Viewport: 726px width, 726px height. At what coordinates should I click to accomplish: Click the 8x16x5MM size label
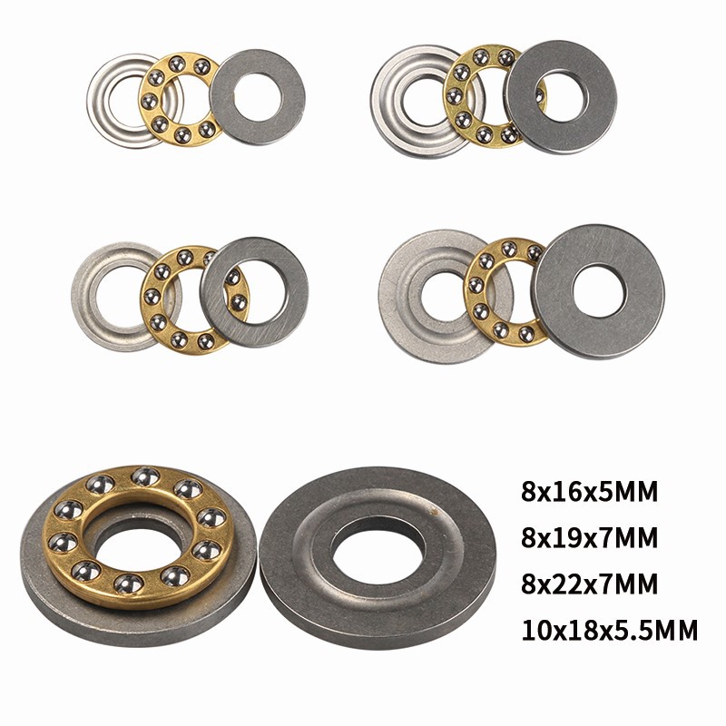tap(589, 492)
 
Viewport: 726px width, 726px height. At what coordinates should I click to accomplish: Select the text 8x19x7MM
tap(589, 538)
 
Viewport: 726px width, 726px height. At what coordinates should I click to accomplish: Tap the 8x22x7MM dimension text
tap(589, 584)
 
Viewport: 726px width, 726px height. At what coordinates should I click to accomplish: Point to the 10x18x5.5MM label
tap(609, 630)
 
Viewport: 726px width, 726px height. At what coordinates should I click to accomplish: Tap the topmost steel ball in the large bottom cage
tap(145, 477)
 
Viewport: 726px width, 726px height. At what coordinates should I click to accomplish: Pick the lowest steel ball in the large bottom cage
tap(128, 584)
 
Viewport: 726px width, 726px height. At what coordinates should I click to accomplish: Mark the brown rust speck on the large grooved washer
tap(434, 512)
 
